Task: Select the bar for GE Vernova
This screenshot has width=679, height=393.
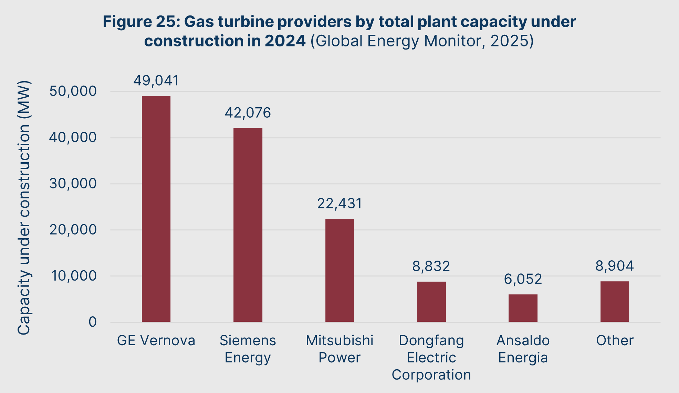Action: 156,209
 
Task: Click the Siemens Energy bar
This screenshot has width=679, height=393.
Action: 248,225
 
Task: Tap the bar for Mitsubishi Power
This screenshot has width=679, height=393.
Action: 339,270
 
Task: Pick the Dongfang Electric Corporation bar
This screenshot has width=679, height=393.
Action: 431,302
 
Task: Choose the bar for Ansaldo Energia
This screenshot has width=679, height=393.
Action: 523,308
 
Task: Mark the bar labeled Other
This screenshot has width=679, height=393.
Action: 615,302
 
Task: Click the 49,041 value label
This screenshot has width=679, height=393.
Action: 156,81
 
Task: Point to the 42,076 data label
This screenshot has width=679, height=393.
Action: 248,113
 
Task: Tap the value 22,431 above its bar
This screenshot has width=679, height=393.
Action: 339,204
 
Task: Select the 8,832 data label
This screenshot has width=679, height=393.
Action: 431,266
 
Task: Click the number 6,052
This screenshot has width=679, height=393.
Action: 523,279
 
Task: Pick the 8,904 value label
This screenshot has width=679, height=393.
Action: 615,266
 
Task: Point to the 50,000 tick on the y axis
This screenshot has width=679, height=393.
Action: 73,91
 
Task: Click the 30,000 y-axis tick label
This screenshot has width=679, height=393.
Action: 73,184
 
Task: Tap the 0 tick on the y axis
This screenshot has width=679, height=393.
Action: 93,322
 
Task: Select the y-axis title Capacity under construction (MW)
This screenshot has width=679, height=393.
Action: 24,208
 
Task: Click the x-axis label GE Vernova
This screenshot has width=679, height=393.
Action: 156,341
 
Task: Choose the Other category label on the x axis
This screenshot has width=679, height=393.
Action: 615,341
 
